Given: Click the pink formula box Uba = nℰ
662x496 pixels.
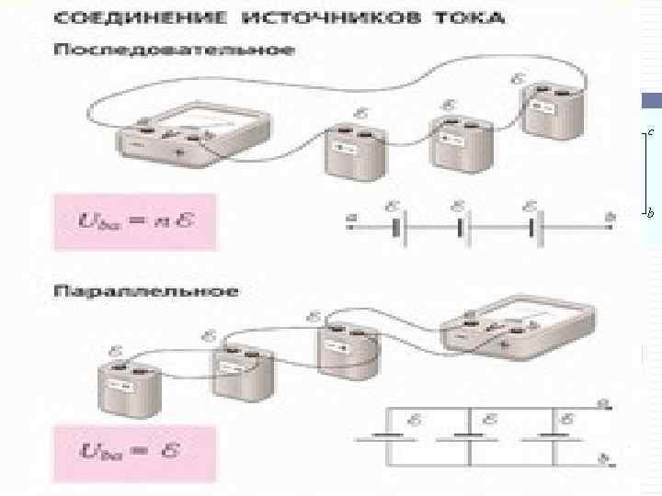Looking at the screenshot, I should click(x=136, y=221).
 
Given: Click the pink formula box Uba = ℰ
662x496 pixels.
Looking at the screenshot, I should click(x=136, y=453).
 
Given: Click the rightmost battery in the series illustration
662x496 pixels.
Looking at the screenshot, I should click(x=550, y=112).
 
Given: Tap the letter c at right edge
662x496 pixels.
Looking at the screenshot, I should click(x=651, y=133).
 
